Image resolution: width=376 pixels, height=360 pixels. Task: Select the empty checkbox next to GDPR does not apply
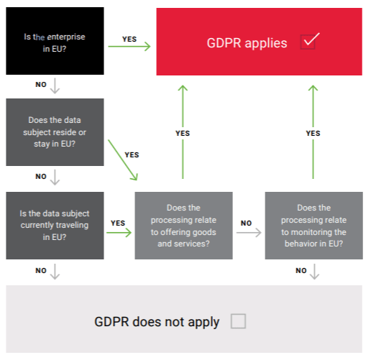tap(238, 321)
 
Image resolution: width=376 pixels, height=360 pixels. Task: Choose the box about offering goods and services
tap(184, 225)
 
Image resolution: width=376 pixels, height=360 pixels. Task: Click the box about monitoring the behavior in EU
tap(313, 225)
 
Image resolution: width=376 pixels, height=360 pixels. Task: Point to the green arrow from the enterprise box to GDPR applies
tap(129, 47)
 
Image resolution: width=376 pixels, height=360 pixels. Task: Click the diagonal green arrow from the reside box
tap(123, 160)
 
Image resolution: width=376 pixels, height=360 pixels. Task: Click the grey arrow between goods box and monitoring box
tap(248, 233)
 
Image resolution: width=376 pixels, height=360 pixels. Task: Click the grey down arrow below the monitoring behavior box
tap(314, 271)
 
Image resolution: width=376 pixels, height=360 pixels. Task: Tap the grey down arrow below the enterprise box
tap(55, 86)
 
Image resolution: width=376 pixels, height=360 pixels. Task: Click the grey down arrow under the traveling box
tap(55, 271)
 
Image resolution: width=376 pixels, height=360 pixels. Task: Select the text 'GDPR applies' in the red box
tap(247, 43)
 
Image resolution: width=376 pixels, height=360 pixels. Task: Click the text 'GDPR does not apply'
tap(157, 322)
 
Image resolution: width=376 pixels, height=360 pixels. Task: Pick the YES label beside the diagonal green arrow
tap(132, 154)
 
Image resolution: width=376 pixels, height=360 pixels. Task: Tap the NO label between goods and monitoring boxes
tap(246, 223)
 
